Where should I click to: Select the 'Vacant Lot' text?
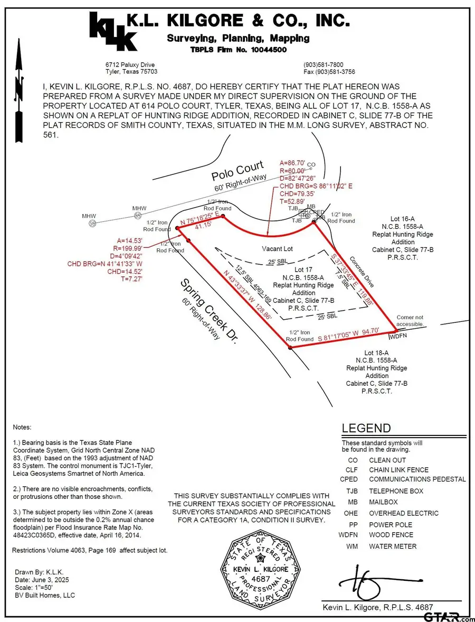[277, 248]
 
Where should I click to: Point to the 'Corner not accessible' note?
[410, 321]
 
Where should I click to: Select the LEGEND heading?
[366, 429]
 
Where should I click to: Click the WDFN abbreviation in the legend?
[349, 535]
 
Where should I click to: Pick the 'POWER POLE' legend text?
[391, 525]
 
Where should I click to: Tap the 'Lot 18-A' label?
[376, 352]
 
